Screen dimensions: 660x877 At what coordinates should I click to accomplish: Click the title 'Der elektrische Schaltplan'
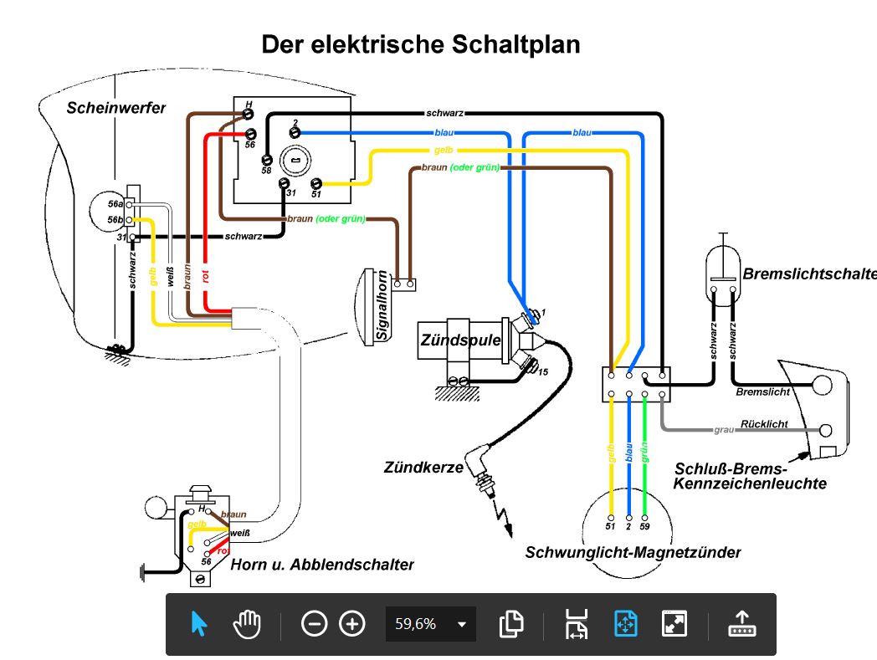tap(421, 44)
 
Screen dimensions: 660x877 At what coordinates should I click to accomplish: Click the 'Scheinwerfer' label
tap(116, 108)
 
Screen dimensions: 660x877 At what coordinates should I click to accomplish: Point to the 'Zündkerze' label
tap(424, 468)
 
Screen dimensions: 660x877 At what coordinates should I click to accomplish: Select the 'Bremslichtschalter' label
tap(808, 274)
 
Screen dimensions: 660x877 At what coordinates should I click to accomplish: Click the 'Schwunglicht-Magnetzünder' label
tap(633, 552)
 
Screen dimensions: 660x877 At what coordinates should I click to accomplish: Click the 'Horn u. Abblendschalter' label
tap(322, 565)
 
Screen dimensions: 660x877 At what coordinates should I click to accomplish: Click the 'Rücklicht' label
tap(764, 424)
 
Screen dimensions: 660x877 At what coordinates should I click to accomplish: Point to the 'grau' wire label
tap(724, 430)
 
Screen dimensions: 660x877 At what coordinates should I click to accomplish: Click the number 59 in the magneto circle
tap(644, 527)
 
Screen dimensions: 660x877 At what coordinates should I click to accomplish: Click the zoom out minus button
tap(314, 624)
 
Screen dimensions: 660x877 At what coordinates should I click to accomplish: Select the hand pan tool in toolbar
tap(247, 624)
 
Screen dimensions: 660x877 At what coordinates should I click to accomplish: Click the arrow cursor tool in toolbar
tap(199, 624)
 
